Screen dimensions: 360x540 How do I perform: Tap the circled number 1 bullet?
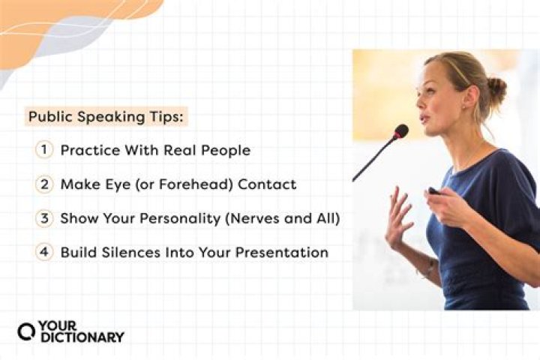[44, 150]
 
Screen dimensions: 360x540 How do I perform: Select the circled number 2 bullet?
[44, 184]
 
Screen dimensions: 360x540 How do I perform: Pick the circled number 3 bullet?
[44, 218]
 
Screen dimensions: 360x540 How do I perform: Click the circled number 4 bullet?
[44, 252]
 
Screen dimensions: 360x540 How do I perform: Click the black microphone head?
[400, 131]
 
